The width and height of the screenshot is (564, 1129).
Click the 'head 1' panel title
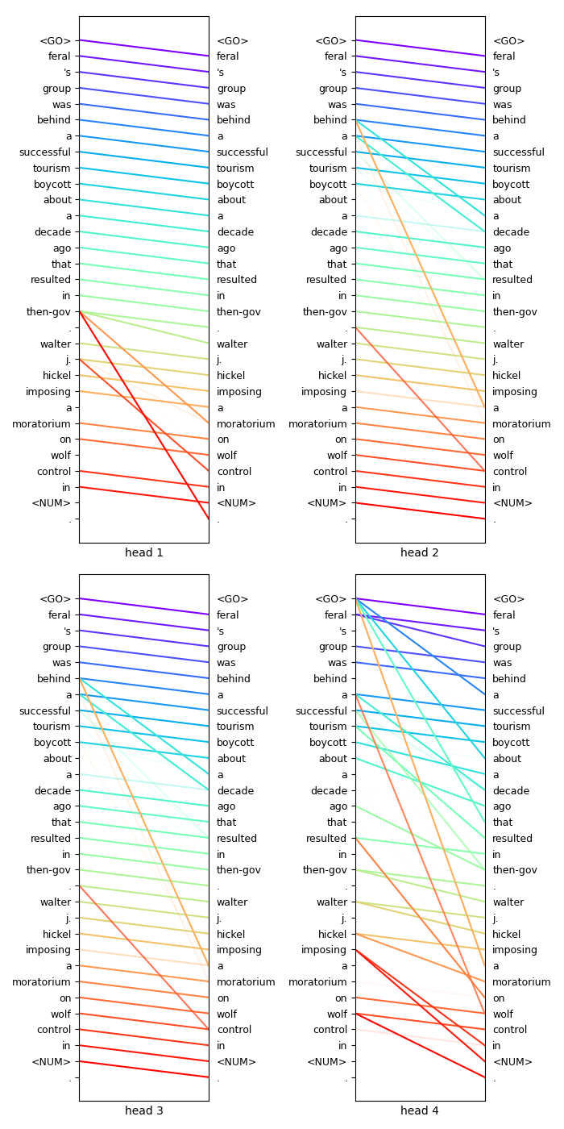(143, 552)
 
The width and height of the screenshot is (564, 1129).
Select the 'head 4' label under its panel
(420, 1110)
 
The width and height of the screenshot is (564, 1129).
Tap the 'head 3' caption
(143, 1110)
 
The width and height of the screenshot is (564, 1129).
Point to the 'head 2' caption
(420, 552)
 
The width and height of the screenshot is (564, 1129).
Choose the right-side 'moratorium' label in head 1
(246, 424)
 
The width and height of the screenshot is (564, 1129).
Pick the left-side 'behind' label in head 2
(330, 120)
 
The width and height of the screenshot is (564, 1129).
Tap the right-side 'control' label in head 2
(511, 472)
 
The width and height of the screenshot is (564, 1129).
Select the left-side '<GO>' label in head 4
(331, 599)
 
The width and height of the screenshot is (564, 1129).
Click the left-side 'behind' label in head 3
(54, 679)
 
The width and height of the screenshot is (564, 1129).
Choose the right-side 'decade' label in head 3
(235, 791)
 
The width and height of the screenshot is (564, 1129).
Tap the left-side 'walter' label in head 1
(56, 344)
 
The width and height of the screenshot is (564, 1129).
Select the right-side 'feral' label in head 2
(505, 56)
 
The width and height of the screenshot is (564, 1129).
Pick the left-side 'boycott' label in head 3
(52, 743)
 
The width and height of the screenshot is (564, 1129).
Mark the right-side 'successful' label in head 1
(243, 152)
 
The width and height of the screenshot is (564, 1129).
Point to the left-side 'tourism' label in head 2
(329, 169)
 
